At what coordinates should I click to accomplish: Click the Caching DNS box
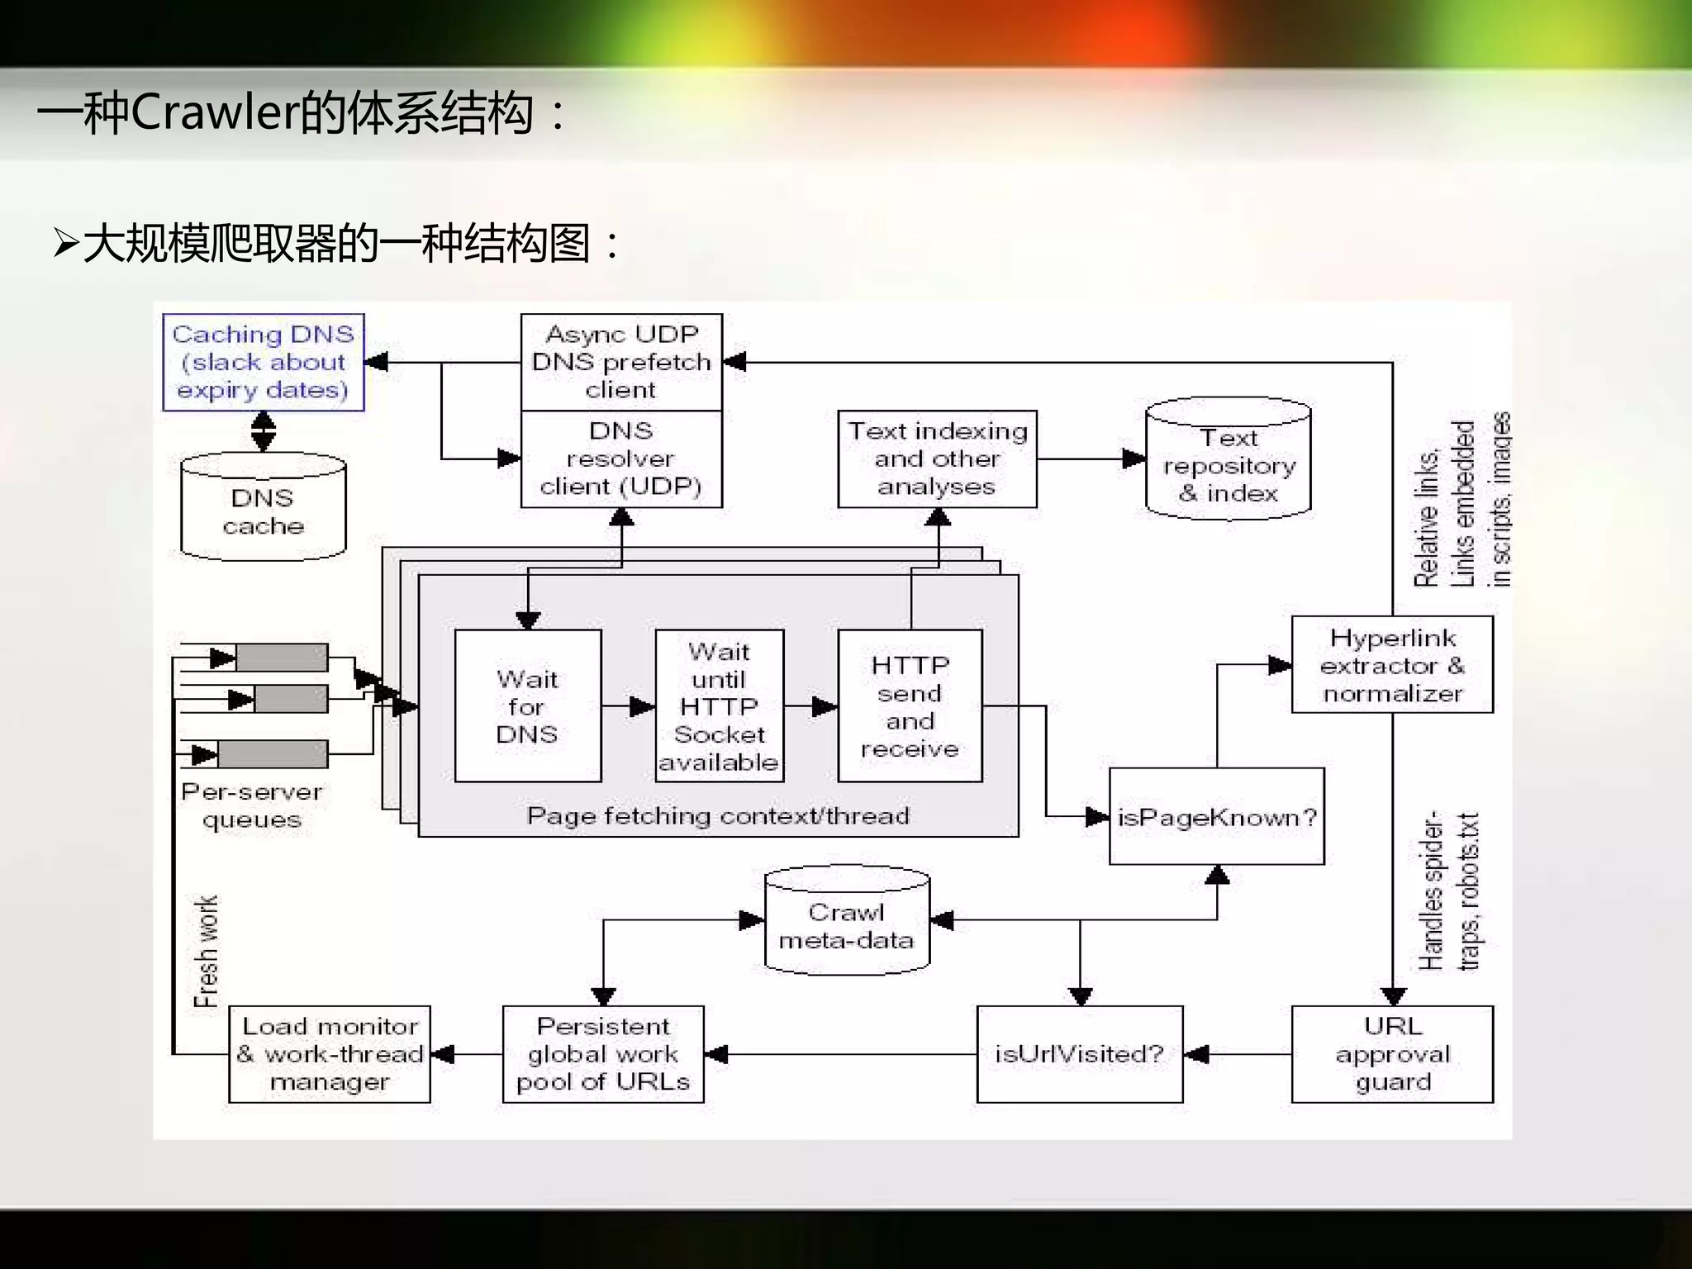click(263, 362)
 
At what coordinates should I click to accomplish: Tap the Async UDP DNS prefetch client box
click(621, 362)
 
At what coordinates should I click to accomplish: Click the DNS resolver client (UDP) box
click(621, 459)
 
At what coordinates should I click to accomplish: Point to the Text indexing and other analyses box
click(937, 459)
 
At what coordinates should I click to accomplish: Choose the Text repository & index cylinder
click(1229, 464)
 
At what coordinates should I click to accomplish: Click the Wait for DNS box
click(528, 706)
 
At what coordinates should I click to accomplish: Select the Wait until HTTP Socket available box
click(719, 706)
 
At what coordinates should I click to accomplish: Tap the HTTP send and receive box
click(910, 706)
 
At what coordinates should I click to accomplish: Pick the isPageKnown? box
click(1216, 817)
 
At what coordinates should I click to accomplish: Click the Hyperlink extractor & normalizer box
click(1392, 665)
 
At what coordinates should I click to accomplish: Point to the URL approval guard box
click(1392, 1054)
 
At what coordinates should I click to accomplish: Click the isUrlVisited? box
click(1079, 1054)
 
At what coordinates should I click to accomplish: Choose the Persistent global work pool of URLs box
click(603, 1054)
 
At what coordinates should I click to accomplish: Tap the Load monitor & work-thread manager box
click(329, 1054)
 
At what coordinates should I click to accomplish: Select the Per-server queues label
click(252, 806)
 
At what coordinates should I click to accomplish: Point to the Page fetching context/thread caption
click(718, 816)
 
